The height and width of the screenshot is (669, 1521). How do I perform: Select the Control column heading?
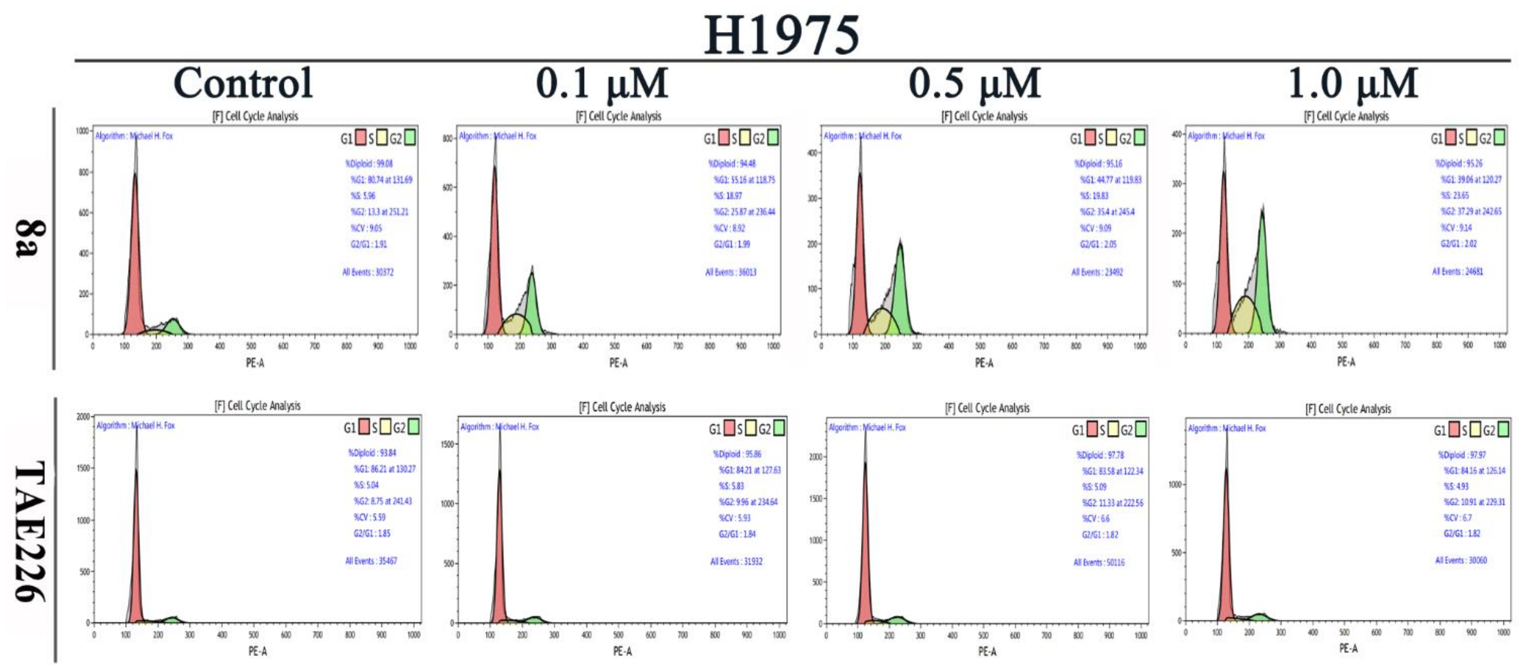pos(243,83)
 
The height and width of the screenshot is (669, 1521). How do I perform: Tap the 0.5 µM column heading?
pos(974,83)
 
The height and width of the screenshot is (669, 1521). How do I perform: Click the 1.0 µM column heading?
pos(1352,83)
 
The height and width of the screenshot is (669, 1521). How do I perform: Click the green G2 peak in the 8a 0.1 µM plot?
pos(532,301)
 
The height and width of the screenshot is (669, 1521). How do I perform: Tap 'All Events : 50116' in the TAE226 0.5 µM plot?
pos(1098,562)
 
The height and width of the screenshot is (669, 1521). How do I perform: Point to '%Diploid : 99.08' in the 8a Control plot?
pos(368,164)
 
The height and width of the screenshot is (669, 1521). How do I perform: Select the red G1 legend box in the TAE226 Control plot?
pos(364,427)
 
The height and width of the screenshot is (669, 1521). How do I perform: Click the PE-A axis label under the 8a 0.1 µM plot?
pos(618,362)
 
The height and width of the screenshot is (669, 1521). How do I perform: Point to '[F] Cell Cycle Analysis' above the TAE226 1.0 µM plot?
pos(1347,409)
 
